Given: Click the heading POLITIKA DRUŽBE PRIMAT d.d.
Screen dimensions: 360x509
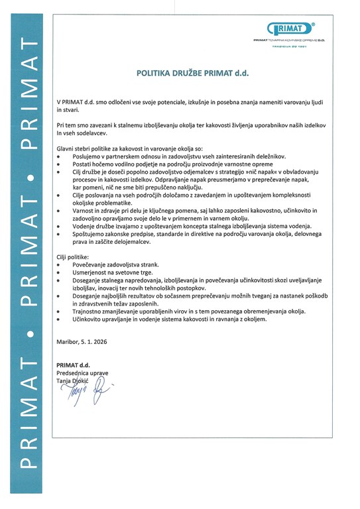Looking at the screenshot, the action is point(192,75).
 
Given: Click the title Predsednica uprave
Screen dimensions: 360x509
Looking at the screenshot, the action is point(82,373).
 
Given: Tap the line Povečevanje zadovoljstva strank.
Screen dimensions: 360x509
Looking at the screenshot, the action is point(111,264).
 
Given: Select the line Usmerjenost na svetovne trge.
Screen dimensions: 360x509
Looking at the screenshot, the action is point(107,272).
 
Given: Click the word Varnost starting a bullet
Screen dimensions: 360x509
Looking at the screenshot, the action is point(84,210).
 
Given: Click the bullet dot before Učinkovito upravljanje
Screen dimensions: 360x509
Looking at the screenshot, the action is point(59,319).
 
